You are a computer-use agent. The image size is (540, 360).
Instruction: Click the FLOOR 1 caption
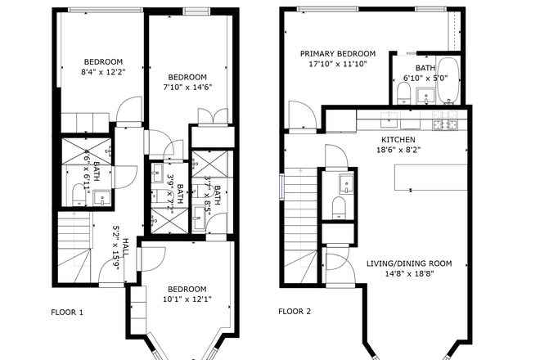(x=67, y=312)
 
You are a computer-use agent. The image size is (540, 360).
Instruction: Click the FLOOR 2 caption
(x=295, y=312)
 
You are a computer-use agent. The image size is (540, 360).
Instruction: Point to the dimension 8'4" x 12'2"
(x=103, y=72)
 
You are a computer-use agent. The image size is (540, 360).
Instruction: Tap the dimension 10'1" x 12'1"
(x=187, y=299)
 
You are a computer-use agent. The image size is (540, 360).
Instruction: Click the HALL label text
(x=126, y=245)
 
